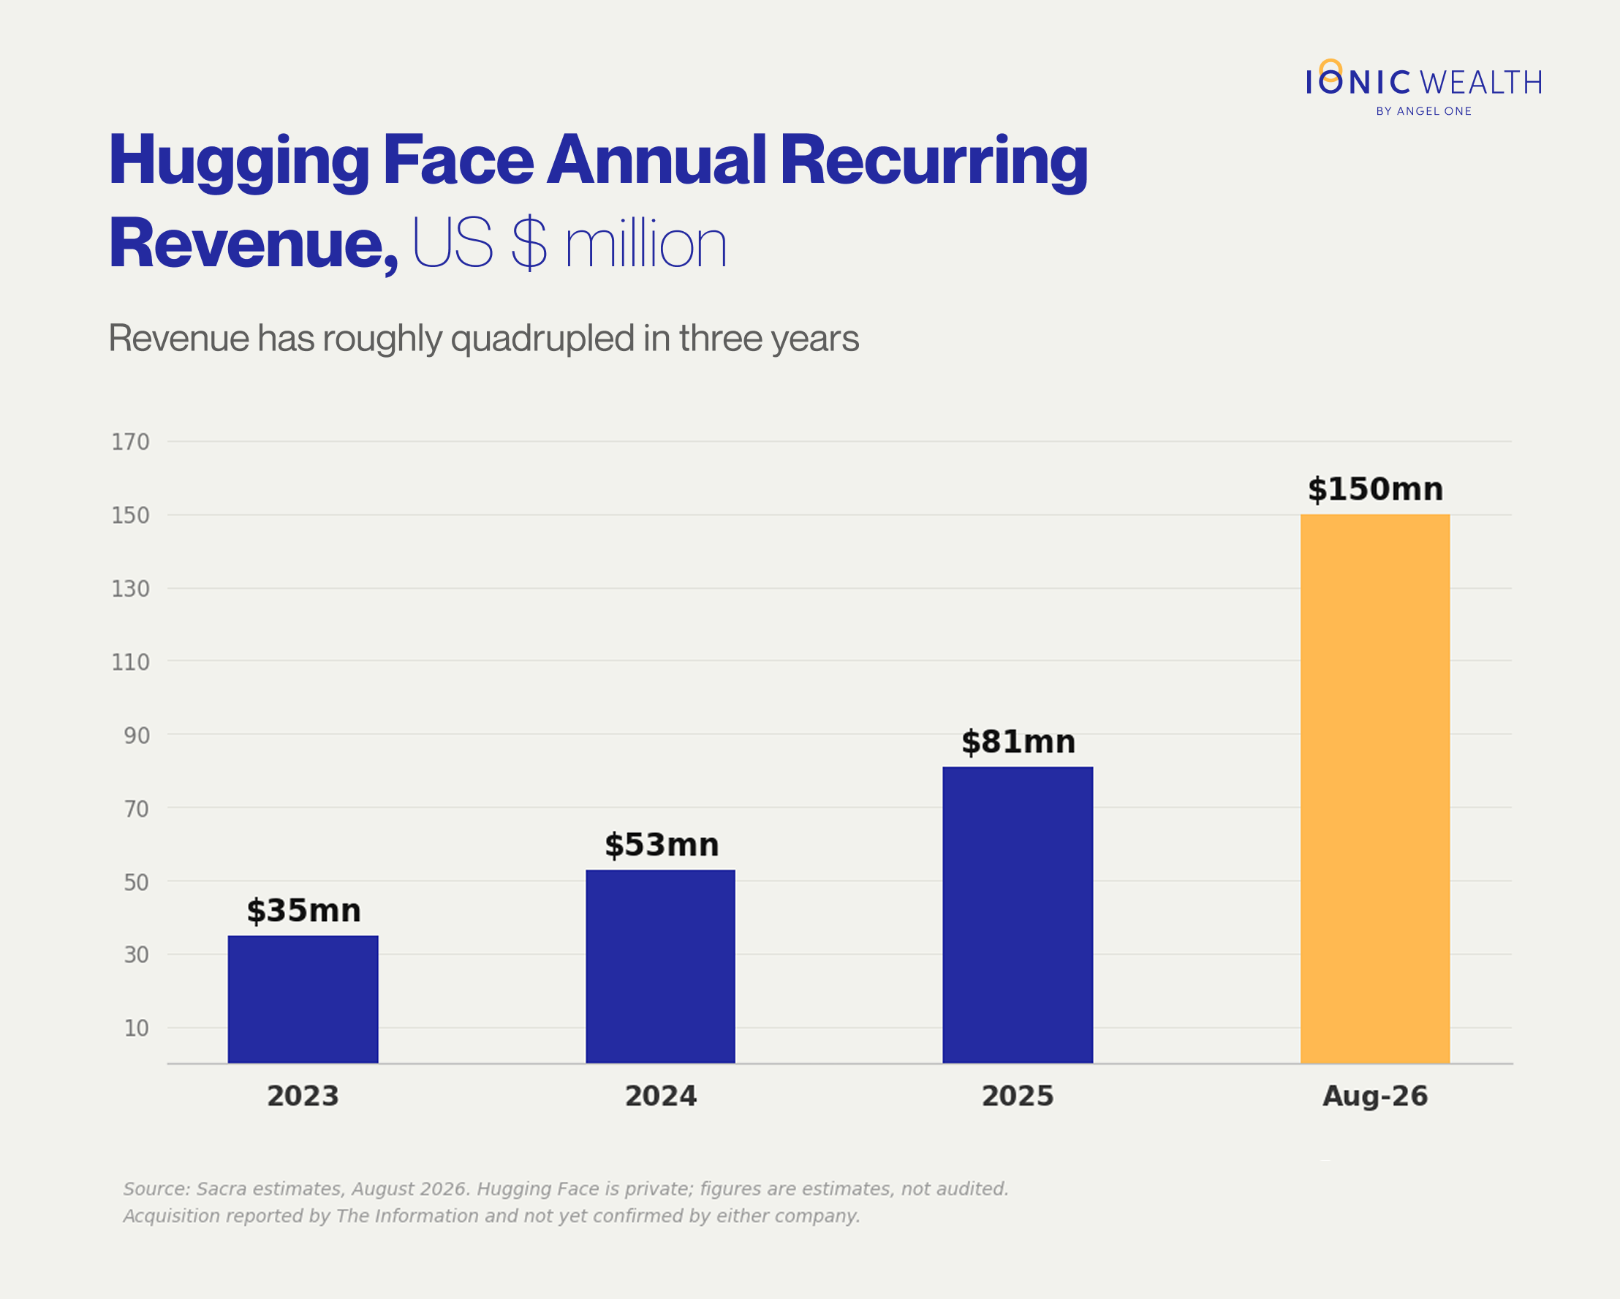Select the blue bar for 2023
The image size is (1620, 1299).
(x=303, y=999)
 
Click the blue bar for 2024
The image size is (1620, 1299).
(x=660, y=967)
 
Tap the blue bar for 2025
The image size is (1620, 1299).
(x=1018, y=915)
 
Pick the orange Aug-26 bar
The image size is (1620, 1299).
(x=1375, y=788)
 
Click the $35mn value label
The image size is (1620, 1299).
(x=303, y=911)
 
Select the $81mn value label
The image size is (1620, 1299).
(x=1018, y=742)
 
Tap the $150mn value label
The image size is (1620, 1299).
(x=1375, y=489)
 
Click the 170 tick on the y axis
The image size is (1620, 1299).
(x=131, y=442)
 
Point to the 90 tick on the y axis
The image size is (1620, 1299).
(x=137, y=735)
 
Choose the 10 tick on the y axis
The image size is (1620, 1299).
(x=137, y=1028)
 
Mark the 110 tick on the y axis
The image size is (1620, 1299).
(x=131, y=662)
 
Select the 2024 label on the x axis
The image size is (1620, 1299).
(x=661, y=1096)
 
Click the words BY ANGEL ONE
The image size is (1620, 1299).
(x=1424, y=111)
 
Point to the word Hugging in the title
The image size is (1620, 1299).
(x=239, y=162)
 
